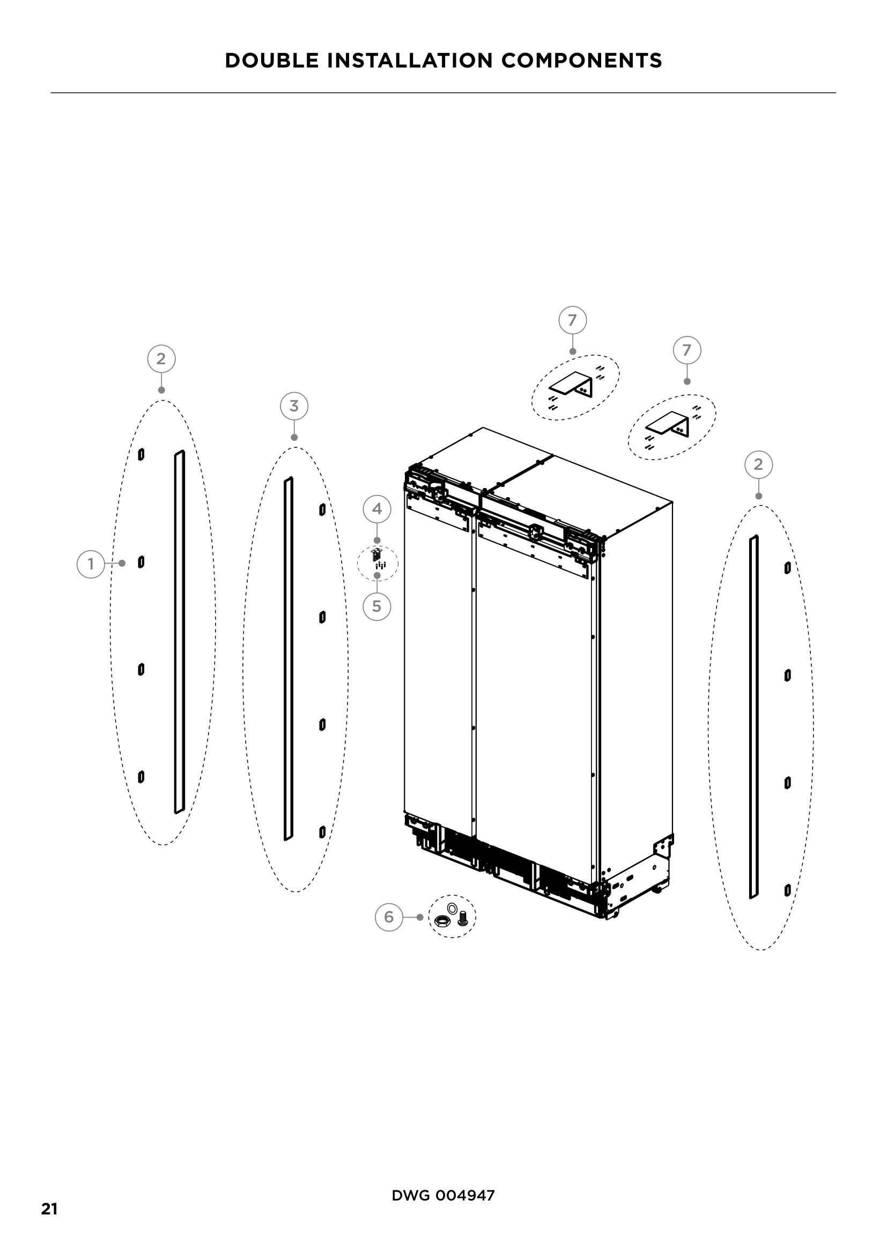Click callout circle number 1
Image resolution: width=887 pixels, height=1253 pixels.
[91, 564]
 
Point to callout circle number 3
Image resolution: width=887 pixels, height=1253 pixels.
[294, 406]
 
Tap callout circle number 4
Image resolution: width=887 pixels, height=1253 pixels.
[377, 509]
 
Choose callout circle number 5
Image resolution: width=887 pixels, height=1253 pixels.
[377, 606]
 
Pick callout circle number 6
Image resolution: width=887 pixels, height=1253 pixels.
[389, 917]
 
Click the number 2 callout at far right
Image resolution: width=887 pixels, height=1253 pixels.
[758, 464]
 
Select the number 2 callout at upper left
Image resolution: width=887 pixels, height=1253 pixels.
[161, 358]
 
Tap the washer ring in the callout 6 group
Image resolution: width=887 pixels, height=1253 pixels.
[452, 908]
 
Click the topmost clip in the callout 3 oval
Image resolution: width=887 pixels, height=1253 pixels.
[322, 509]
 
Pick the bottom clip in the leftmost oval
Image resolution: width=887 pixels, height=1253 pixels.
[141, 777]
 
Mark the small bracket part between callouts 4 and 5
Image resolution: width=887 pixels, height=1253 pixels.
[375, 556]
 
